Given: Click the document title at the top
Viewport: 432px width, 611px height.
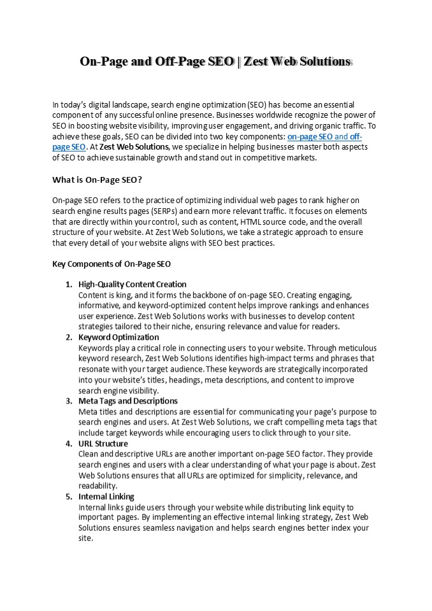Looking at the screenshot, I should coord(215,62).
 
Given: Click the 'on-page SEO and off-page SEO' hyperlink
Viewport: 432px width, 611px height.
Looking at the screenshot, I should coord(324,137).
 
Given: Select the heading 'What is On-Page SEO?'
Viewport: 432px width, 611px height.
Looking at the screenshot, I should coord(97,179).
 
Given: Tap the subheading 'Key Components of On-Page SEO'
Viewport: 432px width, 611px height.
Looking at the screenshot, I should coord(112,263).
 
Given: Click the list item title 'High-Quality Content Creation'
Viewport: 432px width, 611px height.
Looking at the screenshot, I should coord(132,284).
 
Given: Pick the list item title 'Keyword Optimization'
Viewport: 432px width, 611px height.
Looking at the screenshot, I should coord(119,337).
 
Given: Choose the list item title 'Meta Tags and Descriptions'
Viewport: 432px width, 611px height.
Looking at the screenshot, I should coord(128,401).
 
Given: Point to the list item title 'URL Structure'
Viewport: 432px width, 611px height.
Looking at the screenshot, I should coord(103,444).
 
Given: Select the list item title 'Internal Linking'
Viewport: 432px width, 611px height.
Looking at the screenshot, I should coord(106,496).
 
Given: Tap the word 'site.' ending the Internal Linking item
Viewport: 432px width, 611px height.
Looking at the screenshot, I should coord(86,538).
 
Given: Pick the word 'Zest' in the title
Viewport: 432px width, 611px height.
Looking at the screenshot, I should coord(259,62).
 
